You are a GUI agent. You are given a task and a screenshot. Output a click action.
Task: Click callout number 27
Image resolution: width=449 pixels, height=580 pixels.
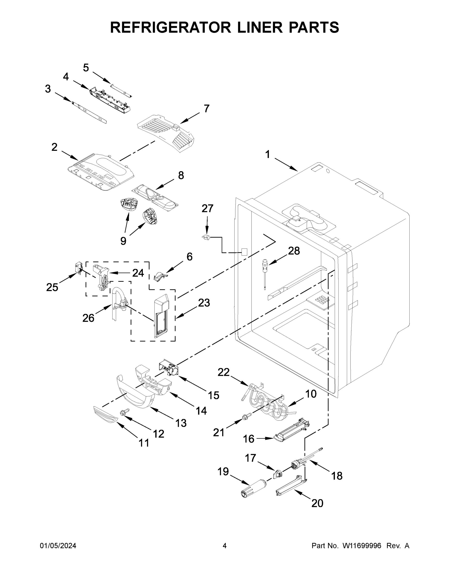coord(207,209)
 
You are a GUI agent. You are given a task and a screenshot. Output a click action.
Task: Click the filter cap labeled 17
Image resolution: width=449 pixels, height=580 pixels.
coord(278,473)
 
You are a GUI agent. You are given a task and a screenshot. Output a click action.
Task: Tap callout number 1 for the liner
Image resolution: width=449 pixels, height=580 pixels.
coord(268,154)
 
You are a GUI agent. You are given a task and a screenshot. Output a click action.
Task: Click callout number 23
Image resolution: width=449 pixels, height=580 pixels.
coord(204,303)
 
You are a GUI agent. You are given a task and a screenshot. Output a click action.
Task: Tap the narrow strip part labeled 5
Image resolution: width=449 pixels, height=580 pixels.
coord(122,90)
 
